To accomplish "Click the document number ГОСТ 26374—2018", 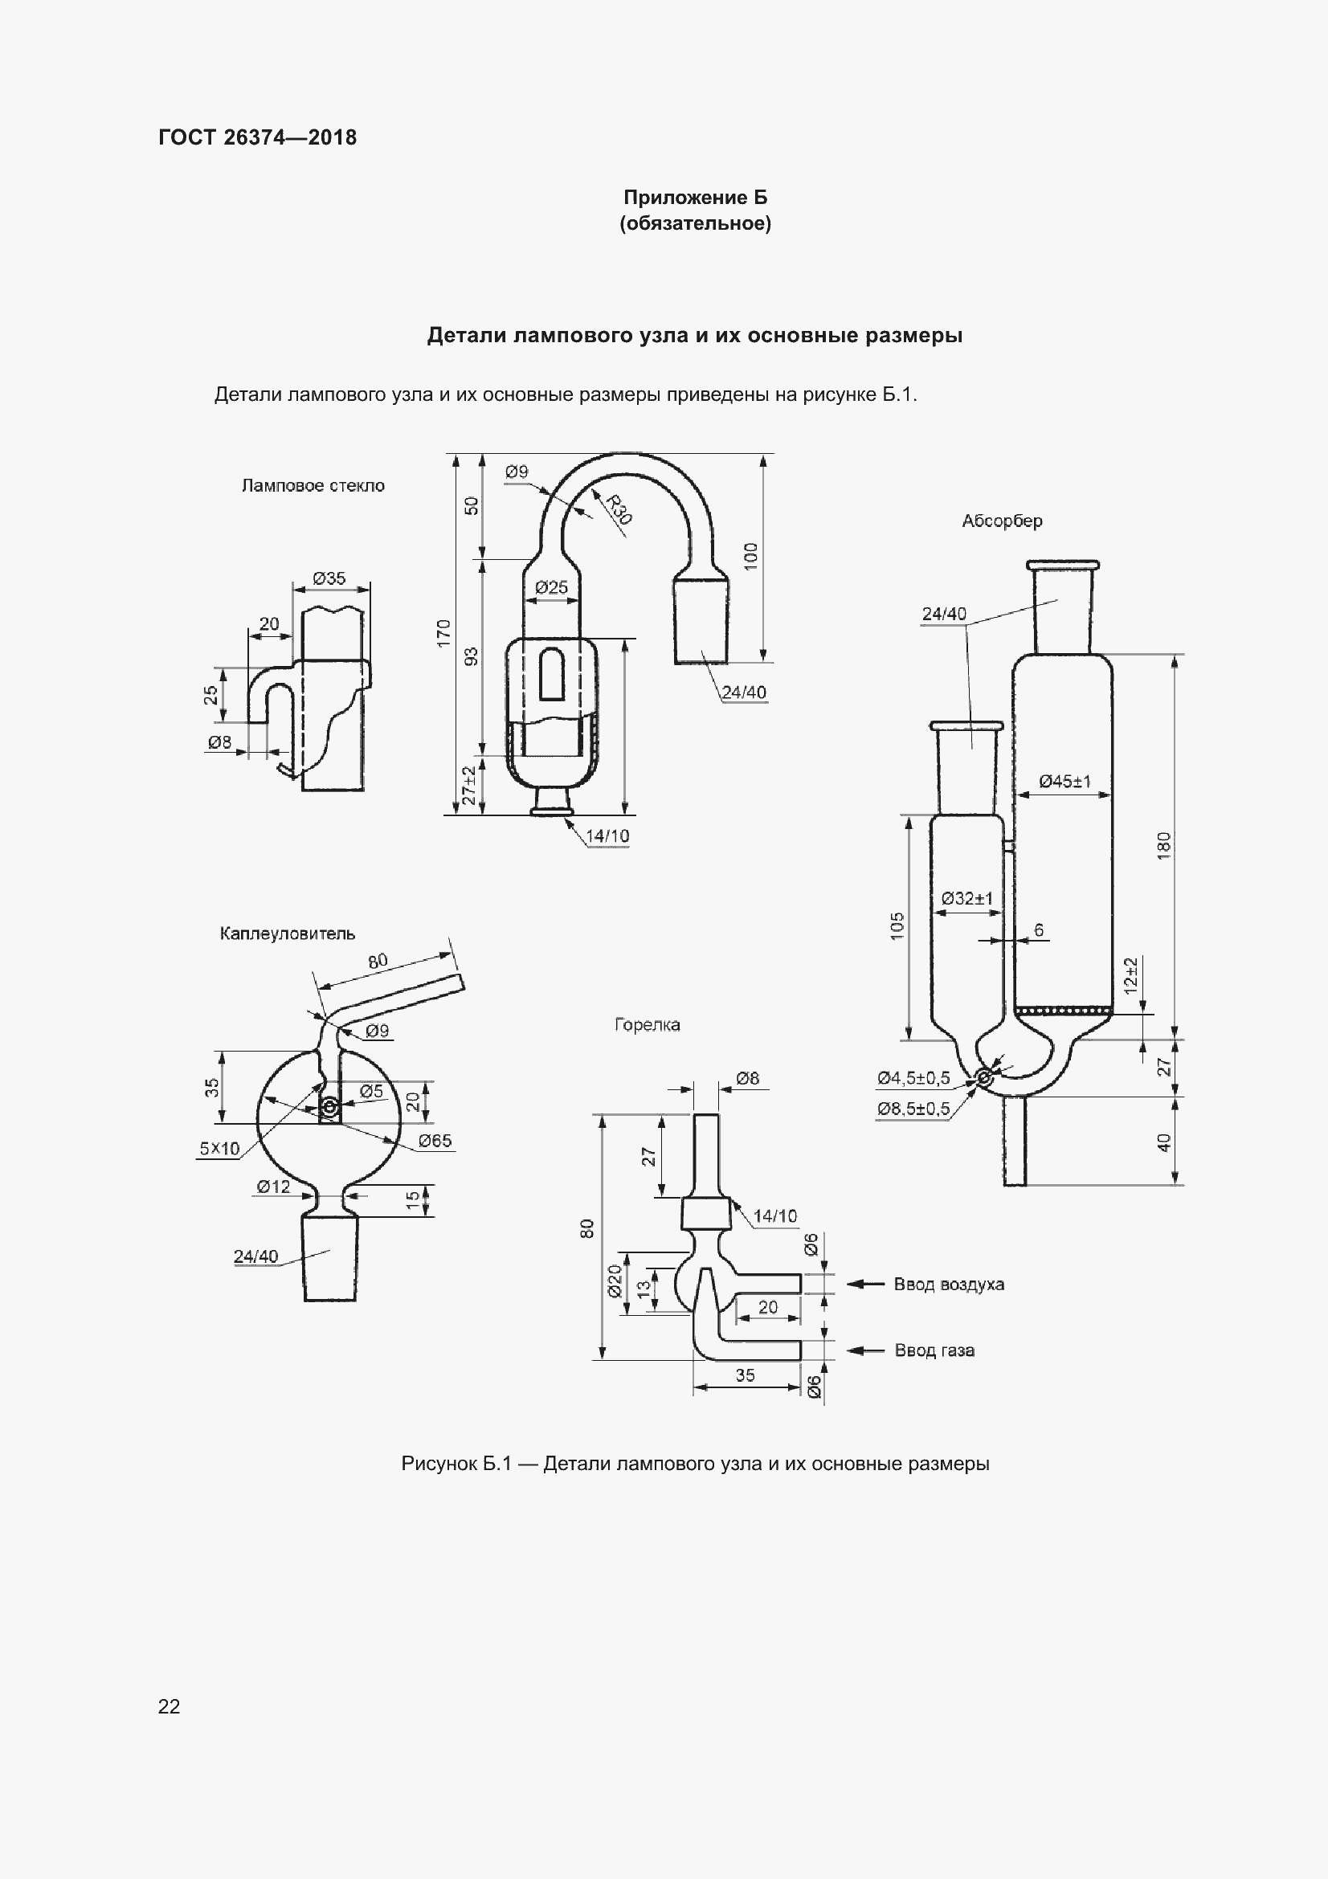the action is [x=258, y=137].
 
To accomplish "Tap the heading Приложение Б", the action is [x=696, y=198].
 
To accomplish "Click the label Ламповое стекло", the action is [x=313, y=485].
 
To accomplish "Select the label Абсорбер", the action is [x=1002, y=521].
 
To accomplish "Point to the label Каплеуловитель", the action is [x=287, y=933].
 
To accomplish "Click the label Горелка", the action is [x=648, y=1024].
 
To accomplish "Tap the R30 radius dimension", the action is [x=619, y=509].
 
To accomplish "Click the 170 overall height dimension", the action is [x=443, y=633].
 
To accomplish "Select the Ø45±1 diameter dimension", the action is [x=1064, y=782].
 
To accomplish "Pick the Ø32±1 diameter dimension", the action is [x=966, y=899].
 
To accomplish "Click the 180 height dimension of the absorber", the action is [x=1164, y=845].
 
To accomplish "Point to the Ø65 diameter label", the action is [x=435, y=1141].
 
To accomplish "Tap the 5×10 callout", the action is [x=219, y=1148].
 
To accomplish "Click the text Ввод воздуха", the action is [x=948, y=1284].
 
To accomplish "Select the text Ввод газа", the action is [x=934, y=1350].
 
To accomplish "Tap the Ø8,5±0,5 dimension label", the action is [x=913, y=1109].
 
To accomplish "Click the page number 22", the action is [x=169, y=1706].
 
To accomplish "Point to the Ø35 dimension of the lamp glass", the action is [x=329, y=578].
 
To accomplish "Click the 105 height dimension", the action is [x=897, y=925].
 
